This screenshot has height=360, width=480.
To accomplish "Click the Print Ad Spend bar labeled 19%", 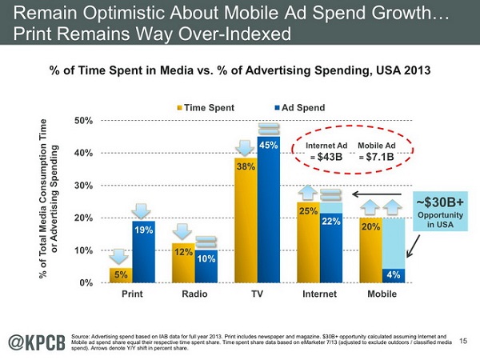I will (x=143, y=251).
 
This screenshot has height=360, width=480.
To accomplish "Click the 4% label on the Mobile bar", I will (x=393, y=274).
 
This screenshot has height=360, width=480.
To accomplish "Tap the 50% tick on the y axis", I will (x=83, y=121).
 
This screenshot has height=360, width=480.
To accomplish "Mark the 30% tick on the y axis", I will (x=83, y=186).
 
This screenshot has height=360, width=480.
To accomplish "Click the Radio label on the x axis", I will (x=194, y=294).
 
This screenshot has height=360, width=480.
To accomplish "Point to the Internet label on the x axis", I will (x=319, y=294).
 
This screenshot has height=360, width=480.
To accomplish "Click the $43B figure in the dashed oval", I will (x=327, y=155).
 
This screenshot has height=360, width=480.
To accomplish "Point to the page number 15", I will (x=466, y=342).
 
